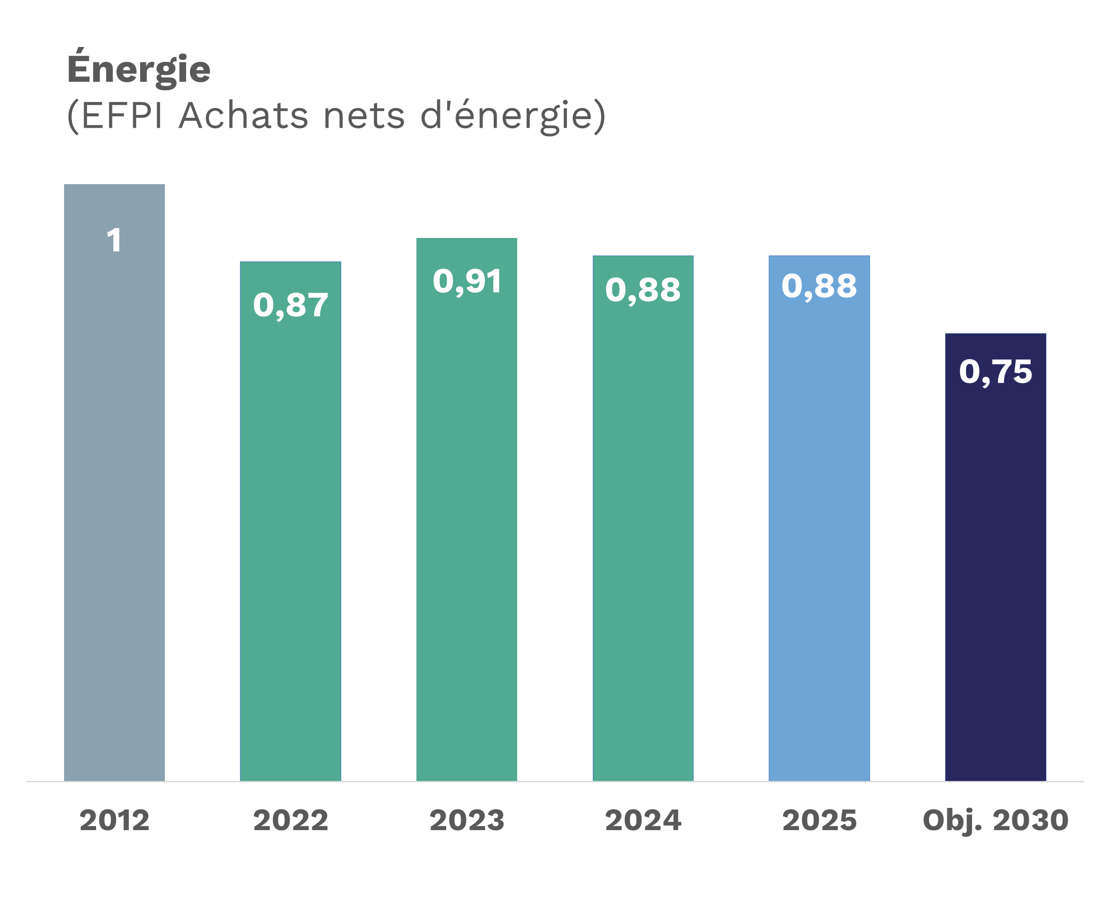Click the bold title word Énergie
tap(139, 69)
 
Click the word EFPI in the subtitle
tap(120, 115)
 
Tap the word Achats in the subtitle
tap(243, 115)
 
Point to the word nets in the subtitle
tap(364, 115)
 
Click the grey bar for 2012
tap(114, 501)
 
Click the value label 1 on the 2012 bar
tap(114, 241)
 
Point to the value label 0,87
tap(290, 305)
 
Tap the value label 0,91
tap(467, 281)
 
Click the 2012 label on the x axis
tap(114, 820)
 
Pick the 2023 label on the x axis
tap(467, 820)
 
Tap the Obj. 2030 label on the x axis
tap(995, 820)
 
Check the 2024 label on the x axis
tap(643, 820)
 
